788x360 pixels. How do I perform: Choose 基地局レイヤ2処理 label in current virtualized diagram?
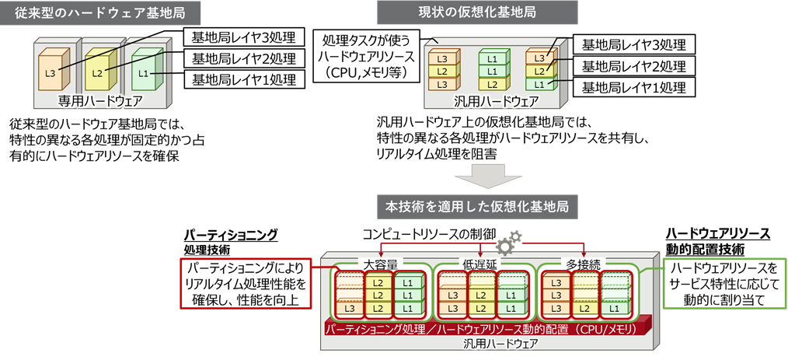pos(633,66)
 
